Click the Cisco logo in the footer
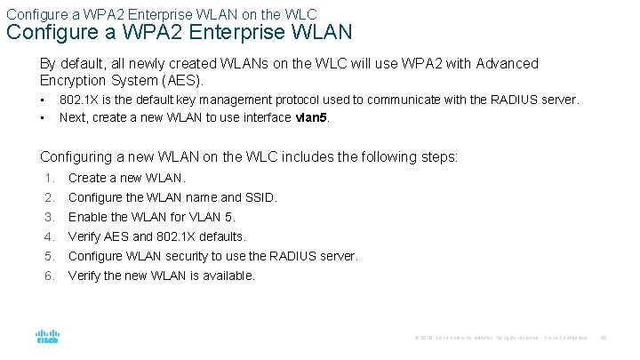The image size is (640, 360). (46, 337)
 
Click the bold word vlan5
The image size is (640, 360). (311, 117)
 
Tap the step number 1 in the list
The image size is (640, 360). (50, 178)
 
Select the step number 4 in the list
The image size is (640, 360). (50, 236)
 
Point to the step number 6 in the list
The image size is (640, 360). (50, 276)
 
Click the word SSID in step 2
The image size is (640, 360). (260, 197)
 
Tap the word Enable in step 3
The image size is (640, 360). (87, 217)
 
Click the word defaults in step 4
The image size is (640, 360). (222, 236)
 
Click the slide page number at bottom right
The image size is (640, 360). (602, 338)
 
